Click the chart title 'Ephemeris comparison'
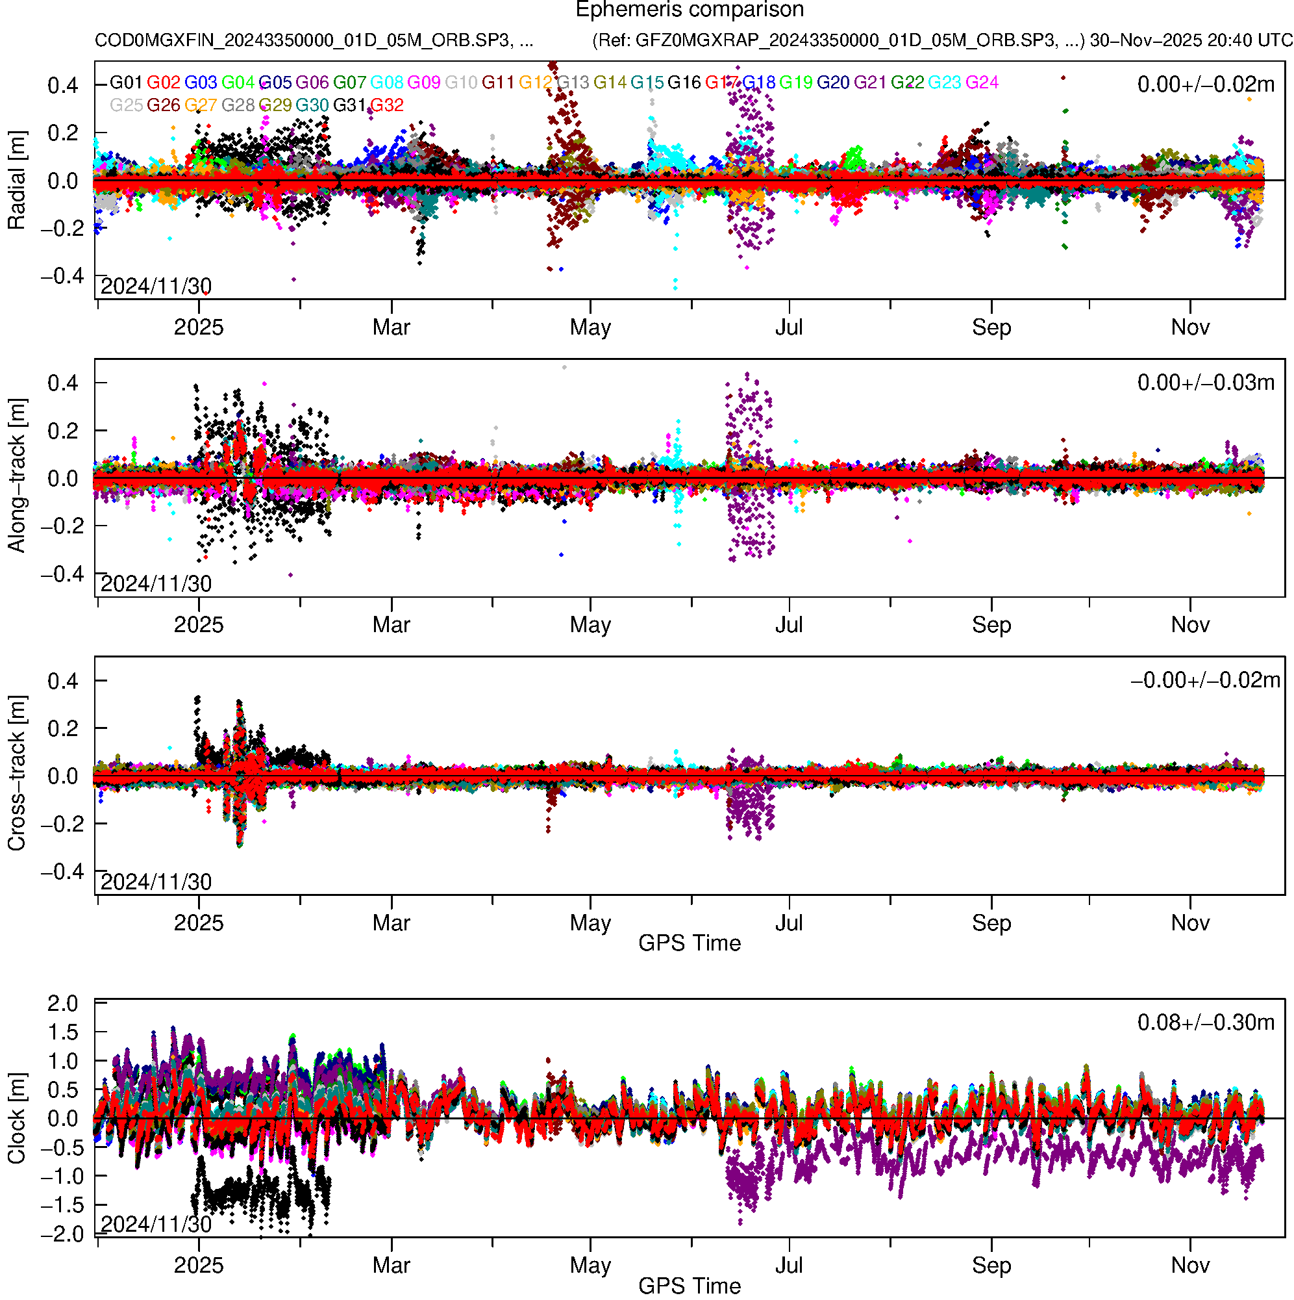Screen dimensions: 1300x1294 (689, 10)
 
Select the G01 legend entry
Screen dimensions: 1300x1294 (126, 83)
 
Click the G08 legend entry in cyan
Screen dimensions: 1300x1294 (387, 83)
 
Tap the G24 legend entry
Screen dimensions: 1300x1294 (981, 83)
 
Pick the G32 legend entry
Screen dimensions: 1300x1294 (387, 106)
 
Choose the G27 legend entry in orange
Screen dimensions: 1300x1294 (201, 106)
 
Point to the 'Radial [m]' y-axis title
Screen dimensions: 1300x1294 (16, 181)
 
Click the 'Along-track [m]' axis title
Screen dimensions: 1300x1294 (16, 476)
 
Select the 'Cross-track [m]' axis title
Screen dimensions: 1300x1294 (16, 774)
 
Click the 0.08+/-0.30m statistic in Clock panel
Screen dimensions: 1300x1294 (1205, 1023)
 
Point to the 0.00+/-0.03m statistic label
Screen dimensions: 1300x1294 (1205, 383)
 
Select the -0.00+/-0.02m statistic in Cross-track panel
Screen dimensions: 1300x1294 (1205, 680)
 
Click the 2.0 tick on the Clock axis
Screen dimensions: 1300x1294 (62, 1003)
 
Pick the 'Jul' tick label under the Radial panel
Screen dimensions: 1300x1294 (788, 327)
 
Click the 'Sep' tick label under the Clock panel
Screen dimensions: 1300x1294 (991, 1266)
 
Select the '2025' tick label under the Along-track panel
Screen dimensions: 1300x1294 (199, 625)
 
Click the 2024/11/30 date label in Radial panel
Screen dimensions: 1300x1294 (156, 287)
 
